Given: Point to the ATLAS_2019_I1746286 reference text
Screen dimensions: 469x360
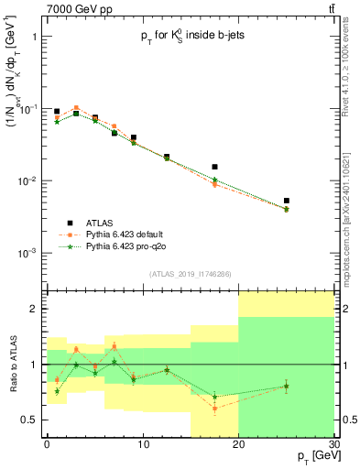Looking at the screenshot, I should (x=190, y=273).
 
